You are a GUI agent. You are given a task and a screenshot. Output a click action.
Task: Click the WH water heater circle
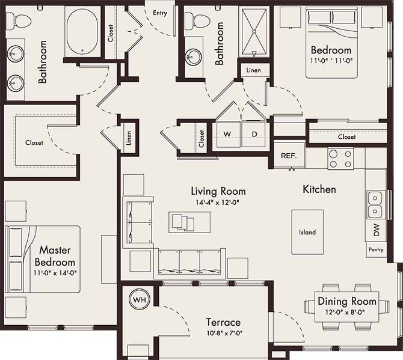tap(139, 299)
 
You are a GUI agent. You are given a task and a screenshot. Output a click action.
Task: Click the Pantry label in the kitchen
tap(376, 248)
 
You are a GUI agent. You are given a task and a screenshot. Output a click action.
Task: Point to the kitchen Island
tap(307, 232)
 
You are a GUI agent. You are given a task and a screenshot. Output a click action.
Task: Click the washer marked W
tap(227, 133)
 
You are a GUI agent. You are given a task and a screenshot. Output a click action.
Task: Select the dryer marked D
tap(254, 133)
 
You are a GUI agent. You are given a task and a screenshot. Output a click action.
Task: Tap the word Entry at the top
tap(160, 12)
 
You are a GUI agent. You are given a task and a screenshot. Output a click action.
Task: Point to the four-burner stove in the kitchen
tap(340, 158)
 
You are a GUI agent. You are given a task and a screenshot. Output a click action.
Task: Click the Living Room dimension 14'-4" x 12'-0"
tap(218, 203)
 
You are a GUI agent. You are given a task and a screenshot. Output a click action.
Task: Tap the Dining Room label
tap(347, 301)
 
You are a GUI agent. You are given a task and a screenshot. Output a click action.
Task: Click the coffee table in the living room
tap(182, 222)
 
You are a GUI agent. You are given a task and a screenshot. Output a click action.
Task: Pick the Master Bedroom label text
tap(55, 255)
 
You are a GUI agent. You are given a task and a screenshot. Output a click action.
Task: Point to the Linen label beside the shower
tap(253, 71)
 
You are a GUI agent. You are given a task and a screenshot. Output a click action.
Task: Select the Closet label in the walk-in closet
tap(34, 143)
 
